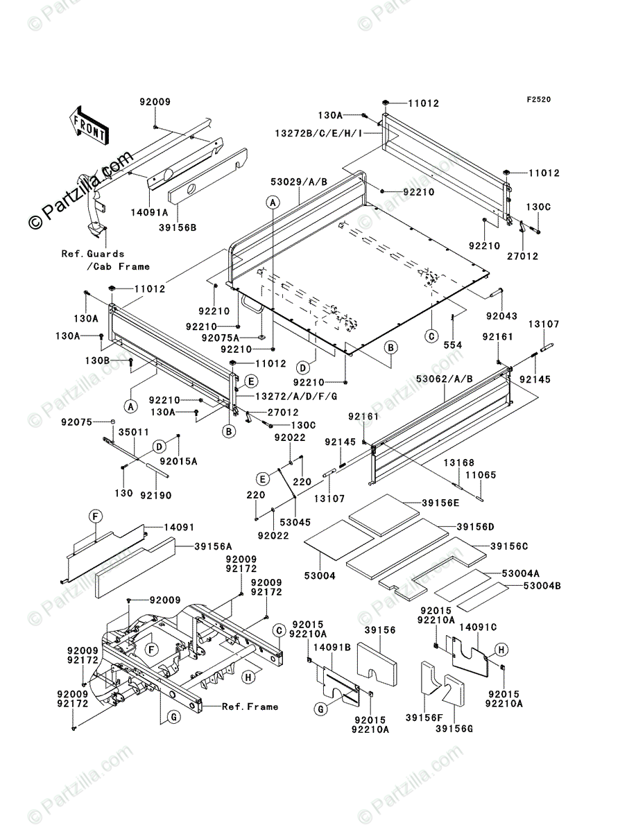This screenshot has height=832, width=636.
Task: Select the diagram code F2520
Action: (538, 100)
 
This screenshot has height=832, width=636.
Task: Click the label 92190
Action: (156, 496)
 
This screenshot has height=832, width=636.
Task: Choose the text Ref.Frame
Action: (250, 707)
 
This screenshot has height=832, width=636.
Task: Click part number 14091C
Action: (481, 627)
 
